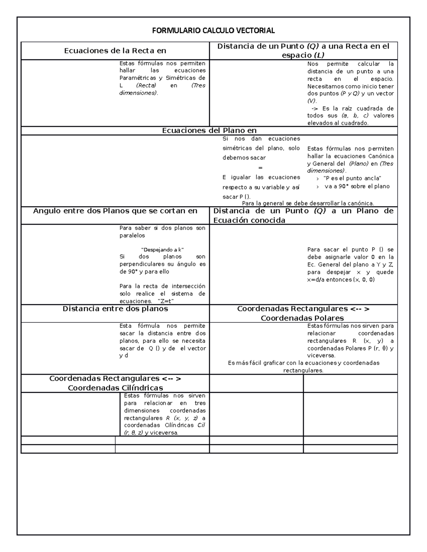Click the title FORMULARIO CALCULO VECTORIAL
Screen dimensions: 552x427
213,31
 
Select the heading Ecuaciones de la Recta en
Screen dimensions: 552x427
115,50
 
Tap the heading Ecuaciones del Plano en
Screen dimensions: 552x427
209,130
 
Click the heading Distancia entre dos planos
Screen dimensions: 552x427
115,309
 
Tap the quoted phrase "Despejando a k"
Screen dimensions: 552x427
162,250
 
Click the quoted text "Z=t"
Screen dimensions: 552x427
165,301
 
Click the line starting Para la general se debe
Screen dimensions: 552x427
308,203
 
